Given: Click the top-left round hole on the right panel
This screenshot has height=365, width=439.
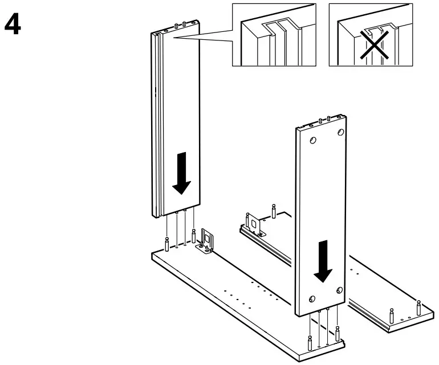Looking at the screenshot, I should pyautogui.click(x=311, y=140).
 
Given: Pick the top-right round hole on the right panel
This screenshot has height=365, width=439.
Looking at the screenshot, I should pyautogui.click(x=340, y=132).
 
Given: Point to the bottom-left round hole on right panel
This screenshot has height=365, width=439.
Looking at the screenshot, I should pyautogui.click(x=312, y=300).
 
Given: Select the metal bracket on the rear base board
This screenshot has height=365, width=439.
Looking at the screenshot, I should pyautogui.click(x=253, y=224).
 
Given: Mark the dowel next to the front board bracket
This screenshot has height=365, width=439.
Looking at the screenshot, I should pyautogui.click(x=194, y=236).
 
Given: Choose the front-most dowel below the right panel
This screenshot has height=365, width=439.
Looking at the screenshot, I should pyautogui.click(x=309, y=344).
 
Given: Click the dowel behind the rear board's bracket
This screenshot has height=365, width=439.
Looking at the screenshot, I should pyautogui.click(x=274, y=211).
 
